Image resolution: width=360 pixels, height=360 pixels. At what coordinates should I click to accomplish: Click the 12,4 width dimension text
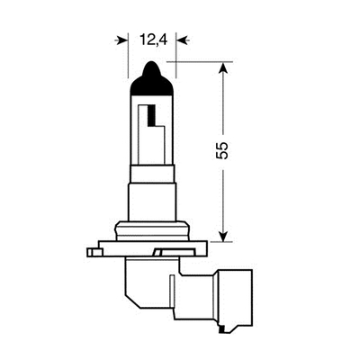coord(151,40)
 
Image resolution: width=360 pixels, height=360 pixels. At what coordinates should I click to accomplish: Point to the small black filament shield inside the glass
coord(150,116)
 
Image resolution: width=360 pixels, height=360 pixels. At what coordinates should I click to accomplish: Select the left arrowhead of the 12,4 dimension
coord(122,40)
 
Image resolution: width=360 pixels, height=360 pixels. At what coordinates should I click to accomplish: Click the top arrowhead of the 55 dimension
coord(222,68)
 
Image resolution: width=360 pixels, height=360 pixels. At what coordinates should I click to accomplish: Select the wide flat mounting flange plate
coord(144,244)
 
